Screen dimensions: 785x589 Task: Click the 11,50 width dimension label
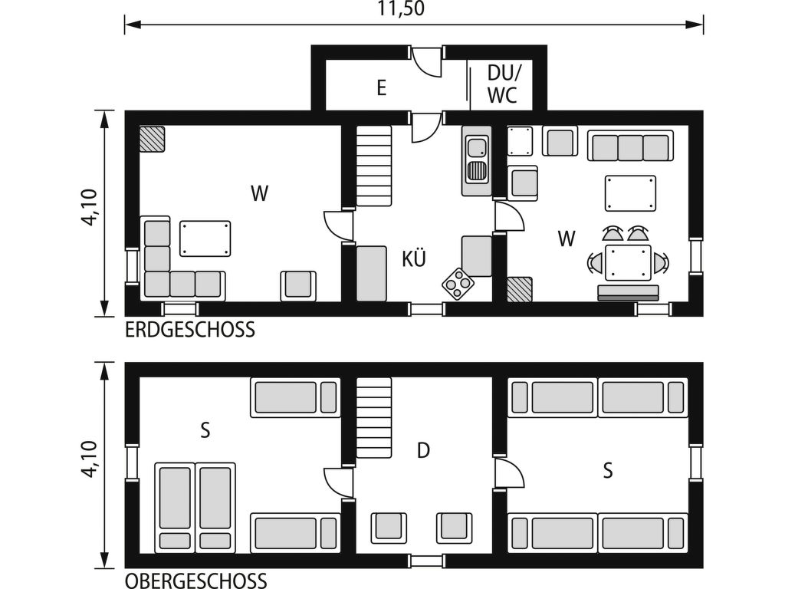pos(400,8)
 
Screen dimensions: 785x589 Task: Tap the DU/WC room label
pos(503,84)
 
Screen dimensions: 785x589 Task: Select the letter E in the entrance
pos(382,88)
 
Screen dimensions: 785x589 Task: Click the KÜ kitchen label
pos(414,258)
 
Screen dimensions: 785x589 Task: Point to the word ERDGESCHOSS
pos(190,330)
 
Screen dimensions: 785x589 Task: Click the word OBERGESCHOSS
pos(195,581)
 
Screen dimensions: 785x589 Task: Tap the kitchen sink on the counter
pos(477,160)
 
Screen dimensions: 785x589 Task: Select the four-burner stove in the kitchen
pos(458,284)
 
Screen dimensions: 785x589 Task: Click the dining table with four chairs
pos(628,262)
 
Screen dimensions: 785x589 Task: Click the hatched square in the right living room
pos(520,289)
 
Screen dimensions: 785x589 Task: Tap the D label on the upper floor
pos(423,451)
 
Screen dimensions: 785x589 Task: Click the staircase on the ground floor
pos(373,166)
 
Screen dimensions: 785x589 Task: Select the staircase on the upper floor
pos(373,417)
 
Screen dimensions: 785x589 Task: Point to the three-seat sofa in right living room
pos(630,146)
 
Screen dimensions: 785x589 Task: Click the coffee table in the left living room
pos(205,239)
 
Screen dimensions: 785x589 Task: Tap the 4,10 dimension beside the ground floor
pos(90,207)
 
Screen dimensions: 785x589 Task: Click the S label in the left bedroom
pos(205,430)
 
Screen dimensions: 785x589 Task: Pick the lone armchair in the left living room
pos(298,286)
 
